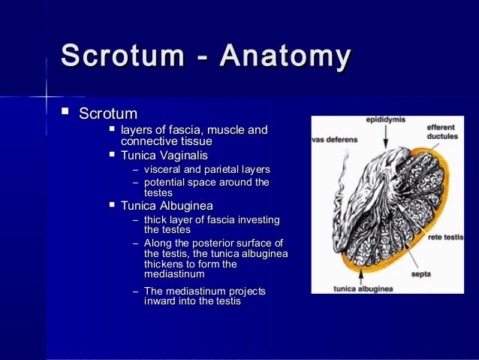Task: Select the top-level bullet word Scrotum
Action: pyautogui.click(x=108, y=114)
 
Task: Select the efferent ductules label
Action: pyautogui.click(x=443, y=132)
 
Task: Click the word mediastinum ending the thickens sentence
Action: pyautogui.click(x=173, y=274)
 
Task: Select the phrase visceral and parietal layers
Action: pyautogui.click(x=206, y=169)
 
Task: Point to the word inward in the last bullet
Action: pyautogui.click(x=159, y=301)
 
